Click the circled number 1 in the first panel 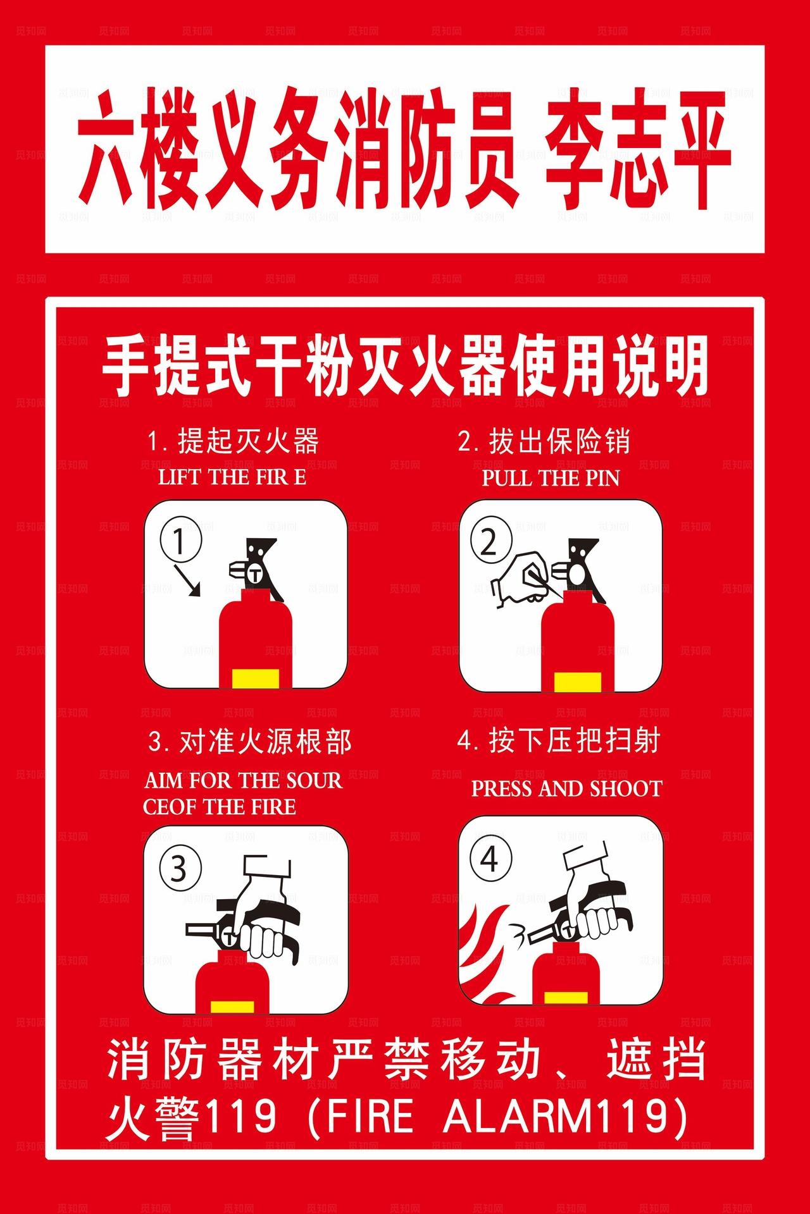(x=180, y=541)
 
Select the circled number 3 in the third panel (x=180, y=869)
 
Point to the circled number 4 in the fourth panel (x=490, y=860)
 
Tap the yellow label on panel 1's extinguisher (x=256, y=677)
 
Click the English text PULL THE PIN (x=551, y=478)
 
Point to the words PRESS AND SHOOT (x=566, y=788)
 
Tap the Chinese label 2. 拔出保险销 (x=544, y=441)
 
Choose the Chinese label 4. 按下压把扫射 (x=559, y=740)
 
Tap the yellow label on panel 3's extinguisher (x=232, y=1007)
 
